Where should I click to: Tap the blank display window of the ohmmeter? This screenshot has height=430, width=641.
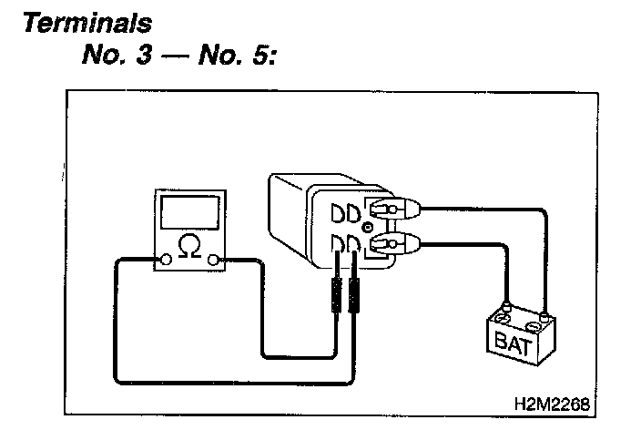[189, 213]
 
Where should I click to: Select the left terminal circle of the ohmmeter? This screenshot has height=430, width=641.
[166, 261]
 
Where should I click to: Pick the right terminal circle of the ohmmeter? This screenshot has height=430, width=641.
[215, 261]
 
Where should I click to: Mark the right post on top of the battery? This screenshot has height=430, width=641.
[544, 315]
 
